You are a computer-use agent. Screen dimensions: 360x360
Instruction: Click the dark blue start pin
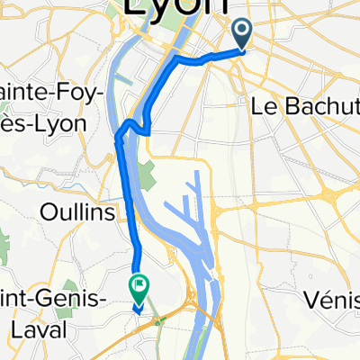(x=244, y=33)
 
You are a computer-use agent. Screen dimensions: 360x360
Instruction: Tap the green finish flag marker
(x=140, y=288)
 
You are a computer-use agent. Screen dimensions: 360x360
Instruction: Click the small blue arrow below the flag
(x=139, y=307)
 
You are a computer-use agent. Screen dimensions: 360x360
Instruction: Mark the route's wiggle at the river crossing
(x=130, y=124)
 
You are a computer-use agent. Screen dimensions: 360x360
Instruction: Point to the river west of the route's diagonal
(x=113, y=90)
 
